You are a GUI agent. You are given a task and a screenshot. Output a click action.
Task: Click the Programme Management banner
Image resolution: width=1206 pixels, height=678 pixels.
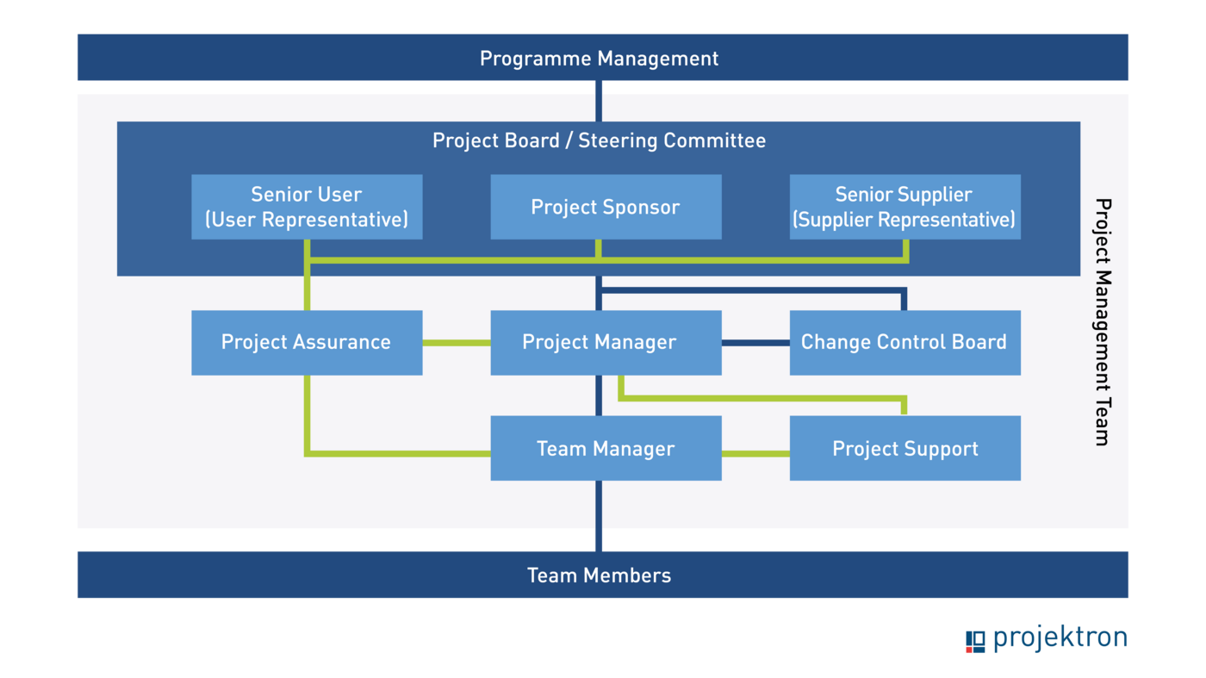[x=599, y=58]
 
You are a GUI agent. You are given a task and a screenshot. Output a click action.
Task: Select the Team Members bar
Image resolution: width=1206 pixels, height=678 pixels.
[x=599, y=575]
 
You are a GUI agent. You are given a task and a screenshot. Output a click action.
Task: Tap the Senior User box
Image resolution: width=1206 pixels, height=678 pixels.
[x=307, y=207]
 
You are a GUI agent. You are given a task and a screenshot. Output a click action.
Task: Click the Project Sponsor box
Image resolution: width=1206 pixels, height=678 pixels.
[x=606, y=207]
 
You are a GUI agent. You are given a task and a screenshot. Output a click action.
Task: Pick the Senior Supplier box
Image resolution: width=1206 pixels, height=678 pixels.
[x=904, y=207]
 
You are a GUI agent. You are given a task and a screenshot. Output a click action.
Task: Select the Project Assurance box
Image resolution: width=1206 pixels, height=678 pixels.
[x=307, y=342]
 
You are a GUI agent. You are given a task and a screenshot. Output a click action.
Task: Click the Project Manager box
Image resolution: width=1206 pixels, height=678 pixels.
[x=606, y=342]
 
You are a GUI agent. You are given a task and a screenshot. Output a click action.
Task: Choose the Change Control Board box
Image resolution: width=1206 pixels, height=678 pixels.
[x=904, y=342]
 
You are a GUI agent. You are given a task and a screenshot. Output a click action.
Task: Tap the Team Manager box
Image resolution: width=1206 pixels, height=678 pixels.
[x=606, y=448]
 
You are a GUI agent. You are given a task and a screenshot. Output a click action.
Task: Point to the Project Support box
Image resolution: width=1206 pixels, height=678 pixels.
[x=904, y=448]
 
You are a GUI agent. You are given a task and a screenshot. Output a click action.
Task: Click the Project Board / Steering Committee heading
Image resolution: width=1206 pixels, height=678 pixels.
[x=599, y=140]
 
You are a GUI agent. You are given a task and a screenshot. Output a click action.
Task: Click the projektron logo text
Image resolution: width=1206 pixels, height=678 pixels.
[x=1060, y=638]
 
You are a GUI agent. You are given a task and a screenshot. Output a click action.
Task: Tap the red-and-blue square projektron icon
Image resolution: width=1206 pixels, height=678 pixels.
[x=975, y=642]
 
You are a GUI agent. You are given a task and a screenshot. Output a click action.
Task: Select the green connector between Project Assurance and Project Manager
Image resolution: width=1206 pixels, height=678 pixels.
[x=456, y=342]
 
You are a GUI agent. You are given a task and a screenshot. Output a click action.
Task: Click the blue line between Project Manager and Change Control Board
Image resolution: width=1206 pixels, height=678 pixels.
[x=755, y=342]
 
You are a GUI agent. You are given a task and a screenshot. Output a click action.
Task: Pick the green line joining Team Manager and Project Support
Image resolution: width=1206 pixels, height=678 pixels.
[x=755, y=453]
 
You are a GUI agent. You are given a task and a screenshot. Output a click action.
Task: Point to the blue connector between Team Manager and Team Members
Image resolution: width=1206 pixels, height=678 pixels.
[x=599, y=514]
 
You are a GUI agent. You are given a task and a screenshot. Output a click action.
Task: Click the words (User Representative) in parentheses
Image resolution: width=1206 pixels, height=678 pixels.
[x=307, y=220]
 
